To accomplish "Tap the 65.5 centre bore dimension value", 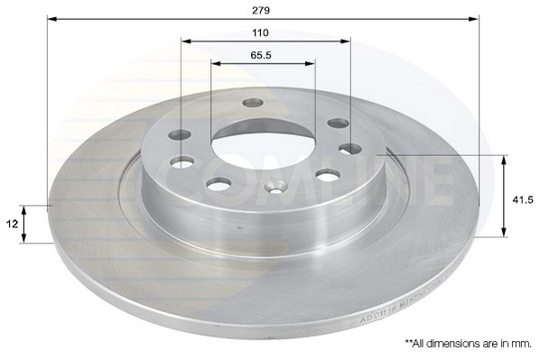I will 262,55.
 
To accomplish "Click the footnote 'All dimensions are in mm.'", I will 468,344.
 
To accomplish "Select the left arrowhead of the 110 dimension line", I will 184,41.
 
